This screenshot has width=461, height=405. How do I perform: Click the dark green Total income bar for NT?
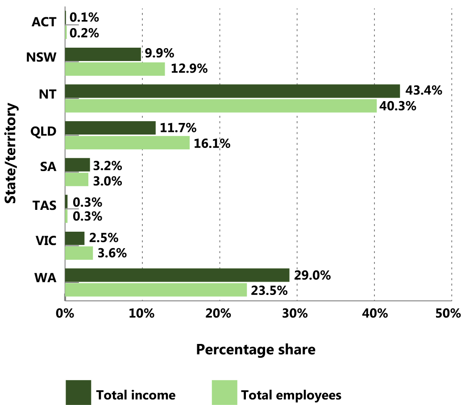click(232, 91)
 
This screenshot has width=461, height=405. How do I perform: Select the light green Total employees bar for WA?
click(156, 290)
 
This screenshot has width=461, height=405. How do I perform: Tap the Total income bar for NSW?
click(103, 54)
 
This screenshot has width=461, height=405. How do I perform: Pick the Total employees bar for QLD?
click(127, 143)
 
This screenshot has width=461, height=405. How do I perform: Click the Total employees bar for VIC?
click(79, 253)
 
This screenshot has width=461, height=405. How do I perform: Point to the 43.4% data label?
click(424, 91)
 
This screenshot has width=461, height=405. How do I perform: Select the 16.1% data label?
click(212, 143)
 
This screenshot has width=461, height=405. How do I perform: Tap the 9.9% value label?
click(158, 54)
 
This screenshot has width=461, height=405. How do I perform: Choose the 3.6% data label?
click(112, 254)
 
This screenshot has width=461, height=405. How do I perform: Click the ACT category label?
click(44, 22)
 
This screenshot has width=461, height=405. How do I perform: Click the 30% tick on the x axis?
click(297, 313)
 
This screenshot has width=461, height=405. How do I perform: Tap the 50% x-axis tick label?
click(449, 313)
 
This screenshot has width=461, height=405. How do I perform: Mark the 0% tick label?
click(65, 313)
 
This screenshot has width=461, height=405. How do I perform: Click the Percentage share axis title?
click(255, 350)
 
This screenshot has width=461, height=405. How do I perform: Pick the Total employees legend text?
click(291, 395)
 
